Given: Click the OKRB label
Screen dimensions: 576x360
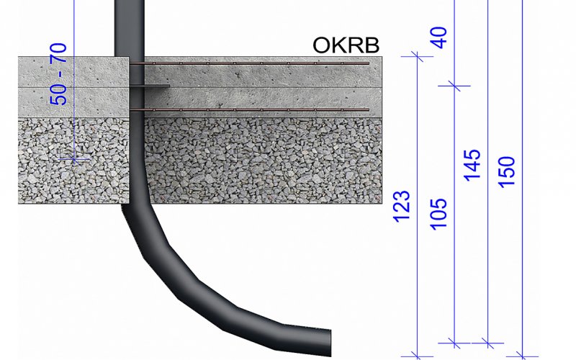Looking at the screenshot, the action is point(346,45).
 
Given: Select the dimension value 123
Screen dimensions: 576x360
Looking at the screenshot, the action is point(402,206).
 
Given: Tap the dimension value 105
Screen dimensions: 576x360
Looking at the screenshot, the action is point(438,215).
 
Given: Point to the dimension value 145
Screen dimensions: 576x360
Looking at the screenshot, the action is point(472,166).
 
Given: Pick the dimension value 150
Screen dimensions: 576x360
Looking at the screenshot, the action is point(506,172).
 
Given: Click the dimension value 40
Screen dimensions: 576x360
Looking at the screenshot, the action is point(438,37).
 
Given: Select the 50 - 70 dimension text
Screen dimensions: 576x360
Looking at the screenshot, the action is point(58,74).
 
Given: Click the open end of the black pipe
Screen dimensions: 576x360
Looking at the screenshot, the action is point(329,343).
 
